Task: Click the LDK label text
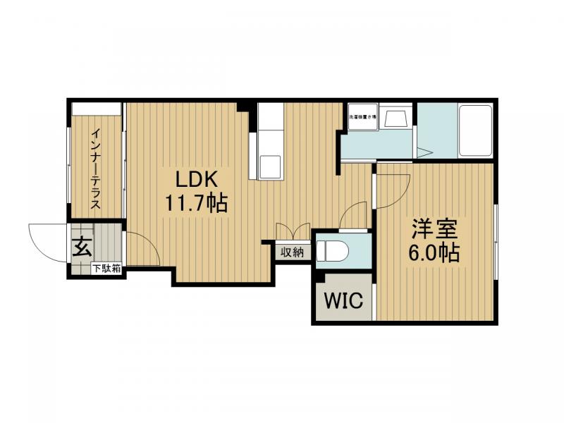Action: [196, 178]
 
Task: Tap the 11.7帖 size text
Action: [196, 204]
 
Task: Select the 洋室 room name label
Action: [434, 228]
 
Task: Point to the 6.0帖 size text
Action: [434, 253]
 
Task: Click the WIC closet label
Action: [343, 301]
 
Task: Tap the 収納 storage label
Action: [292, 252]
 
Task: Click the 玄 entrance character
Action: [82, 247]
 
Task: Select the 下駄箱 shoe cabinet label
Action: [106, 269]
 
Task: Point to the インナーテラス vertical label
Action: [96, 168]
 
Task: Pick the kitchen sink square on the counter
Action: [269, 166]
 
